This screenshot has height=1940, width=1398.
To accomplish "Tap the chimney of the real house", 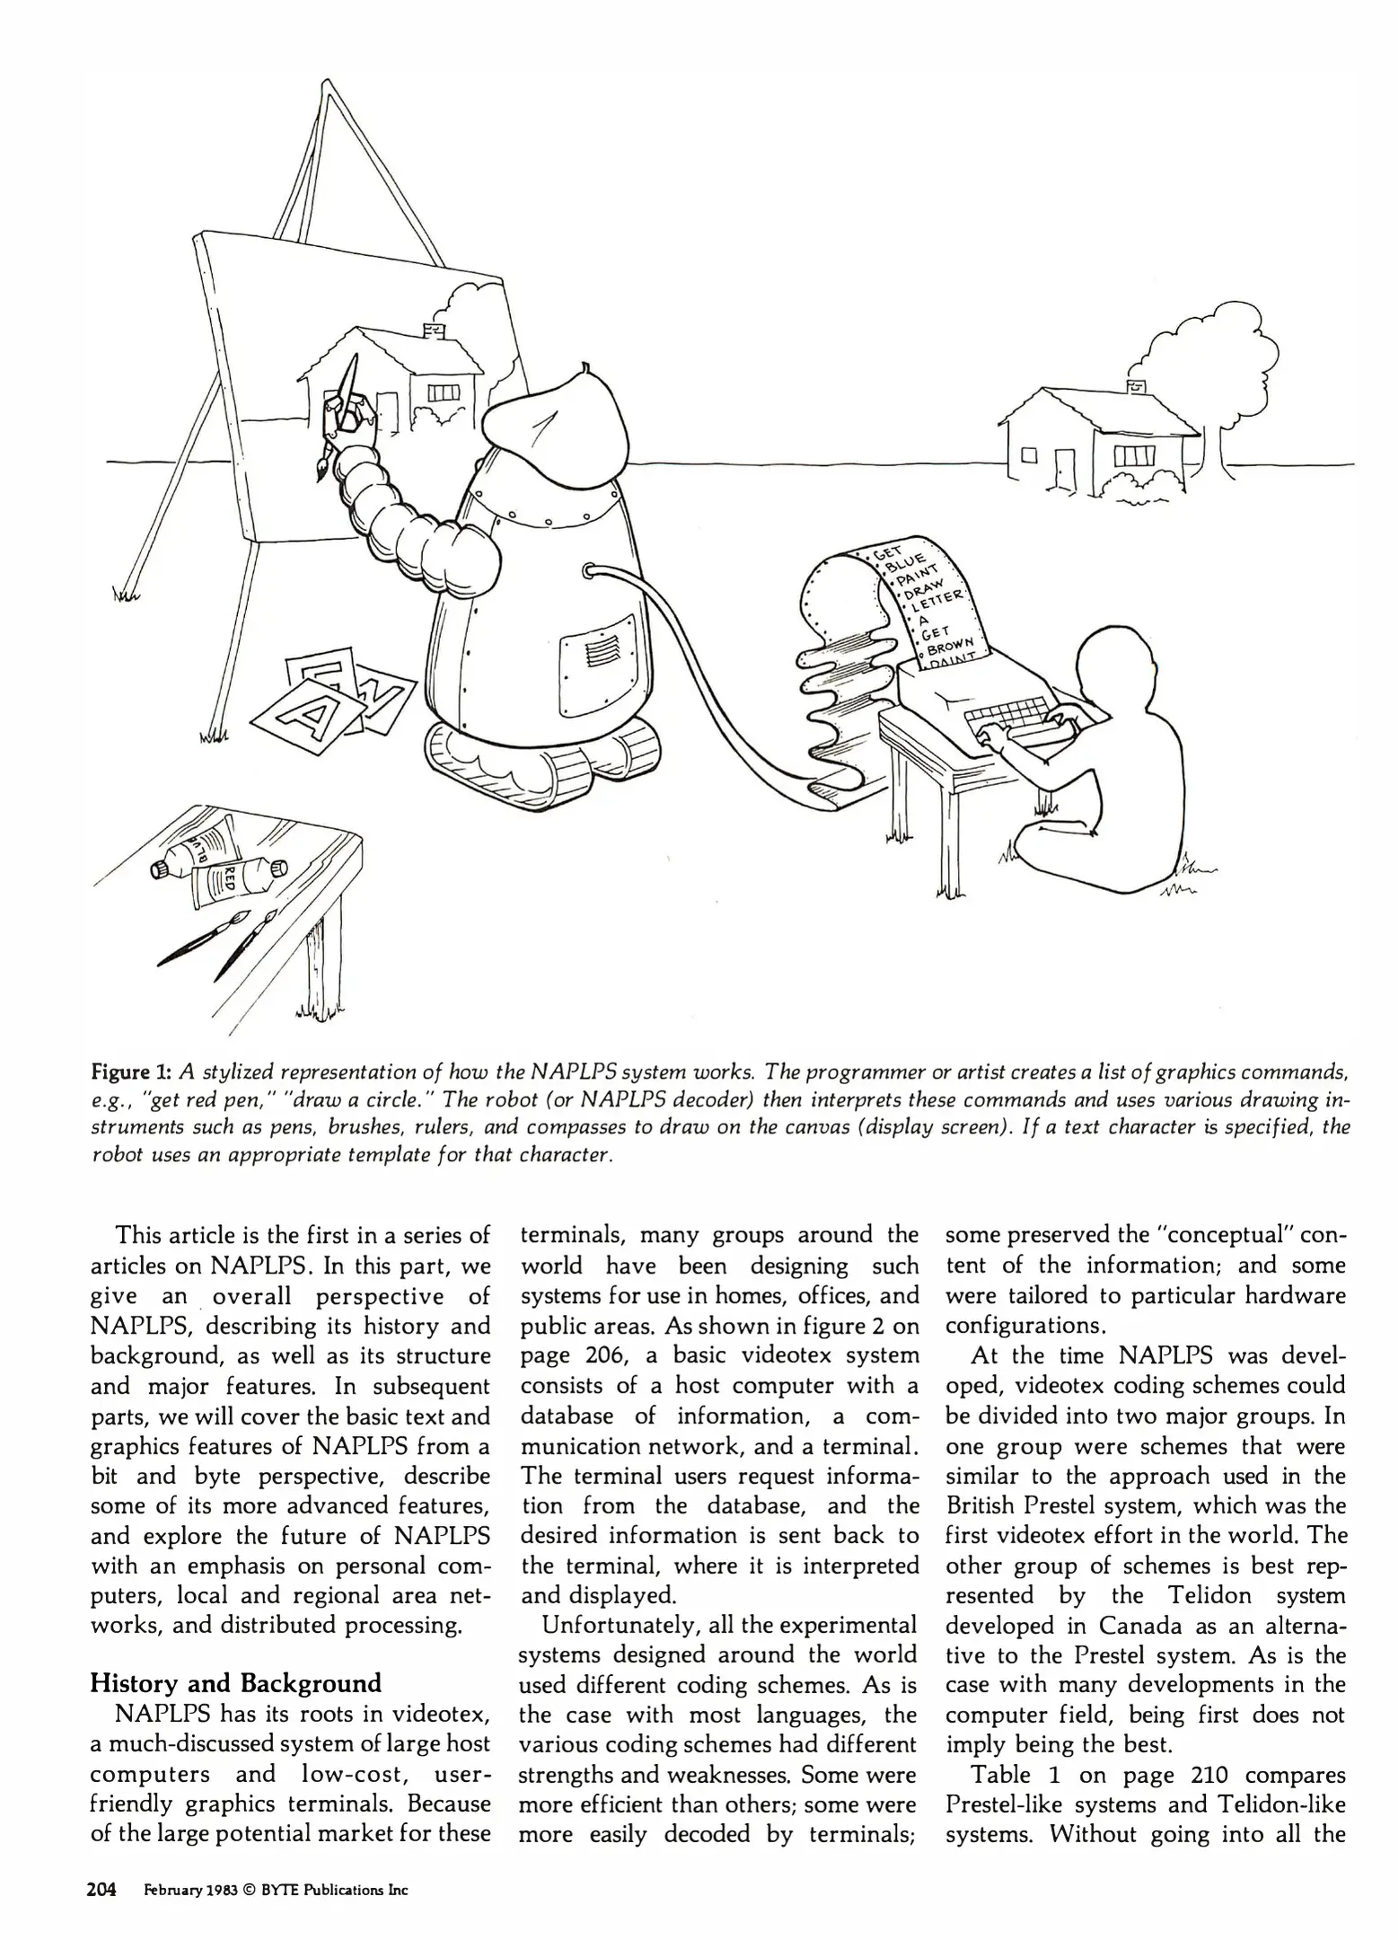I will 1137,386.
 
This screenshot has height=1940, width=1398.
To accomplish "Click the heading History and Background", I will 236,1681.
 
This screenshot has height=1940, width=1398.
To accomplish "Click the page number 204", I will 102,1889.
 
